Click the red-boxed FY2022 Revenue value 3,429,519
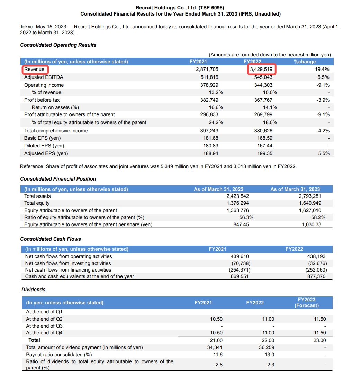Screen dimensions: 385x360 (x=261, y=69)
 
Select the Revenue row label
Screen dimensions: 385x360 (x=34, y=69)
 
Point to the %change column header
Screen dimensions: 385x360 (x=305, y=62)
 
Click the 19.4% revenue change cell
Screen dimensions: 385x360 (x=322, y=69)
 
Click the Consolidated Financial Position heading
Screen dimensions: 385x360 (x=58, y=179)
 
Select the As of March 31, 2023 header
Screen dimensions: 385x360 (x=295, y=189)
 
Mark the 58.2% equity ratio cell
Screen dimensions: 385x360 (x=318, y=217)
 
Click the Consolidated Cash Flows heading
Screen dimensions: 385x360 (x=51, y=239)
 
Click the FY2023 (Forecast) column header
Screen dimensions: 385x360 (x=306, y=302)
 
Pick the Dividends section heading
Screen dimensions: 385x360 (x=33, y=289)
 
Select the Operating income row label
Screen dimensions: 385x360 (x=44, y=85)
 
